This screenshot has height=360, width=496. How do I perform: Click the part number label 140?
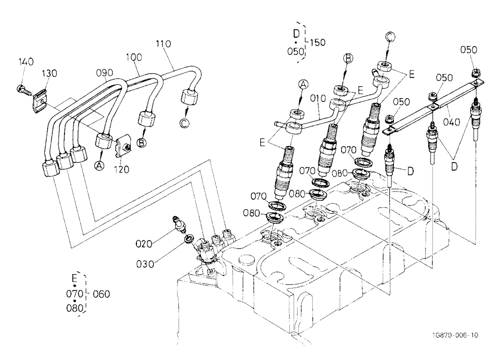[x=26, y=61]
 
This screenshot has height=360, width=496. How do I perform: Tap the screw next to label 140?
[x=24, y=90]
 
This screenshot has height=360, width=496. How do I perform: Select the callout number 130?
[x=50, y=73]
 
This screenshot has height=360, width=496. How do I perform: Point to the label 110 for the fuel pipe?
[x=163, y=44]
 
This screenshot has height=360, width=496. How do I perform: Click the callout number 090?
[x=104, y=73]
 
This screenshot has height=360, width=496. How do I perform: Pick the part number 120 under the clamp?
[x=122, y=170]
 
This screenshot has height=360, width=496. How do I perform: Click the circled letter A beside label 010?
[x=304, y=84]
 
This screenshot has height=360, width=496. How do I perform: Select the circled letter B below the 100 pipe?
[x=141, y=143]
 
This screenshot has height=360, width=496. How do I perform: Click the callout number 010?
[x=318, y=98]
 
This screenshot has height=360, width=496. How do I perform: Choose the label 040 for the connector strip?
[x=452, y=121]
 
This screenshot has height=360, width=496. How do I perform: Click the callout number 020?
[x=144, y=243]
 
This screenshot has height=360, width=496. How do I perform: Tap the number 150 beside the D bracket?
[x=317, y=42]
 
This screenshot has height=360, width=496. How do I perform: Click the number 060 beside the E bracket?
[x=101, y=294]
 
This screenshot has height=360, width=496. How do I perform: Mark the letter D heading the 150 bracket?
[x=296, y=34]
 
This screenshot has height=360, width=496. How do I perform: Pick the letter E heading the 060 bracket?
[x=74, y=278]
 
